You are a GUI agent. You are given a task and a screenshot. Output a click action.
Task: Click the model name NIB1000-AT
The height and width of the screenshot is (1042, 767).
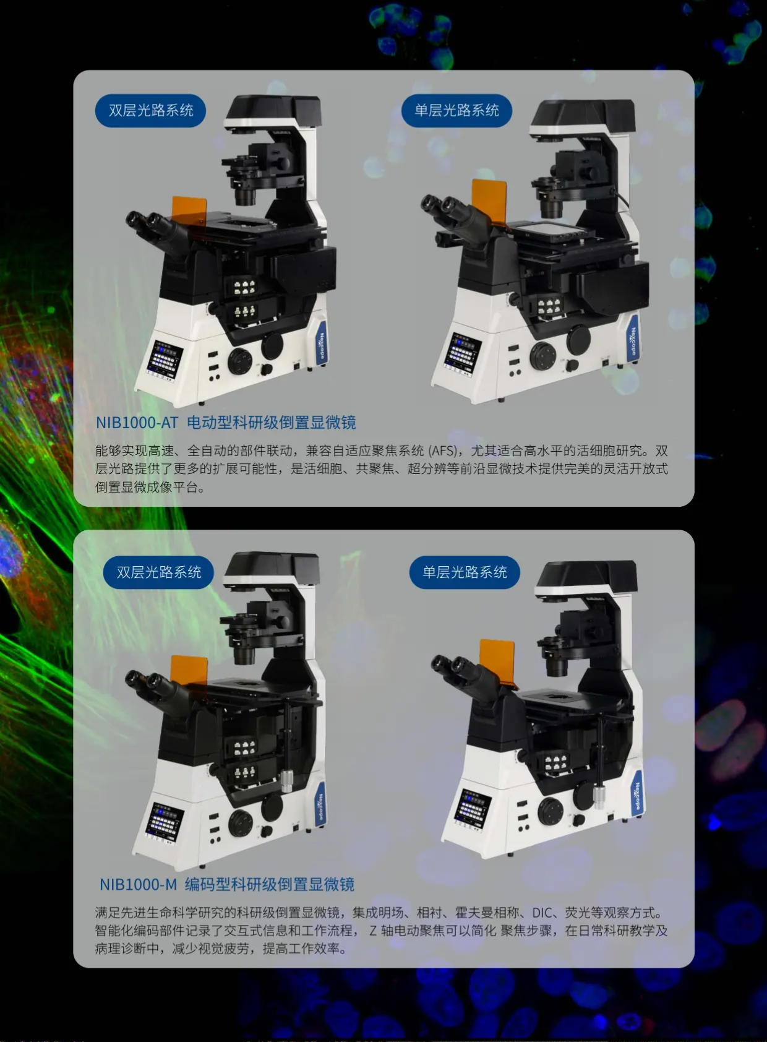pos(137,423)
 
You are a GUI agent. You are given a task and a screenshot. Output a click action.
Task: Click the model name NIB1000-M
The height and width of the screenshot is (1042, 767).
pos(138,884)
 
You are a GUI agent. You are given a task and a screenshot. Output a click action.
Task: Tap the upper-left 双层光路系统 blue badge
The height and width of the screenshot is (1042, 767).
pos(150,111)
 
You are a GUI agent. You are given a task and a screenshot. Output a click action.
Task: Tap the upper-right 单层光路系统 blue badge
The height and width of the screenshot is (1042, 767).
pos(456,111)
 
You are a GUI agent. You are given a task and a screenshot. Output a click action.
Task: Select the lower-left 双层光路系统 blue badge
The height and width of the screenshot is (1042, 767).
pos(158,572)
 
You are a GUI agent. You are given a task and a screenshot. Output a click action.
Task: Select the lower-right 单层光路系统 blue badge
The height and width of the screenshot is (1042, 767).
pos(464,572)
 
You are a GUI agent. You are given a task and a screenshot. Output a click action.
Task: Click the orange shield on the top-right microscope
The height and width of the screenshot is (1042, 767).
pos(489,200)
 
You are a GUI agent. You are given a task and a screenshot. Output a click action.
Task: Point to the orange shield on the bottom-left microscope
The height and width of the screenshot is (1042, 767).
pos(189,670)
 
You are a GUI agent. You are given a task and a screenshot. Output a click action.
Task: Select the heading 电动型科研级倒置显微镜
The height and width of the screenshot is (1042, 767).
pos(272,423)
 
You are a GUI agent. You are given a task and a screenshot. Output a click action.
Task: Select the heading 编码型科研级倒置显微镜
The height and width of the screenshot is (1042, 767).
pos(270,884)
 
